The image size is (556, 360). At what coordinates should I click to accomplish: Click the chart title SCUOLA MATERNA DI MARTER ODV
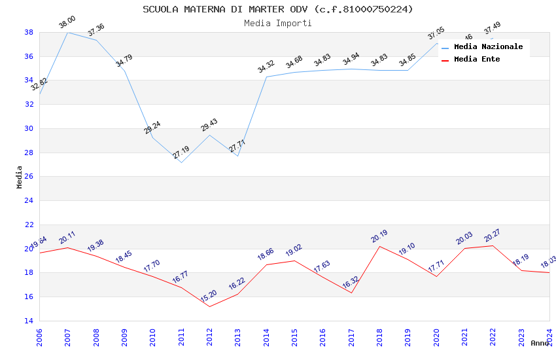pos(278,9)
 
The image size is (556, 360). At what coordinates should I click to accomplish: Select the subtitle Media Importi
pos(278,23)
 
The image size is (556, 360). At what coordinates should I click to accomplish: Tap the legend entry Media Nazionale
pos(488,47)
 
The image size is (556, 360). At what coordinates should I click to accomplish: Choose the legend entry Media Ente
pos(477,59)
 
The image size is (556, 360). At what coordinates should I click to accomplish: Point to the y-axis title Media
pos(20,177)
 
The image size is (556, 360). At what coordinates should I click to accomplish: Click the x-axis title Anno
pos(540,343)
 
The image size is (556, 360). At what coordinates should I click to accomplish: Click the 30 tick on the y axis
pos(29,128)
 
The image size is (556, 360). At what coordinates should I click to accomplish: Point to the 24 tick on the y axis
pos(29,200)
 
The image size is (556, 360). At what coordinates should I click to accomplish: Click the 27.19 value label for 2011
pos(181,153)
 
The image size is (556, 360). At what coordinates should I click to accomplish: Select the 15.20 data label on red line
pos(209,297)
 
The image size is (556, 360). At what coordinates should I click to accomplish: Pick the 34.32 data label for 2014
pos(266,67)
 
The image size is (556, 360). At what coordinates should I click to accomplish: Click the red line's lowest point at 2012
pos(209,306)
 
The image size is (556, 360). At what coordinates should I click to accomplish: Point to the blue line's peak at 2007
pos(67,32)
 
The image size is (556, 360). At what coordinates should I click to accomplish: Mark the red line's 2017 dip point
pos(351,293)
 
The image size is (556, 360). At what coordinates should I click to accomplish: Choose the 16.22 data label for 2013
pos(237,285)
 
